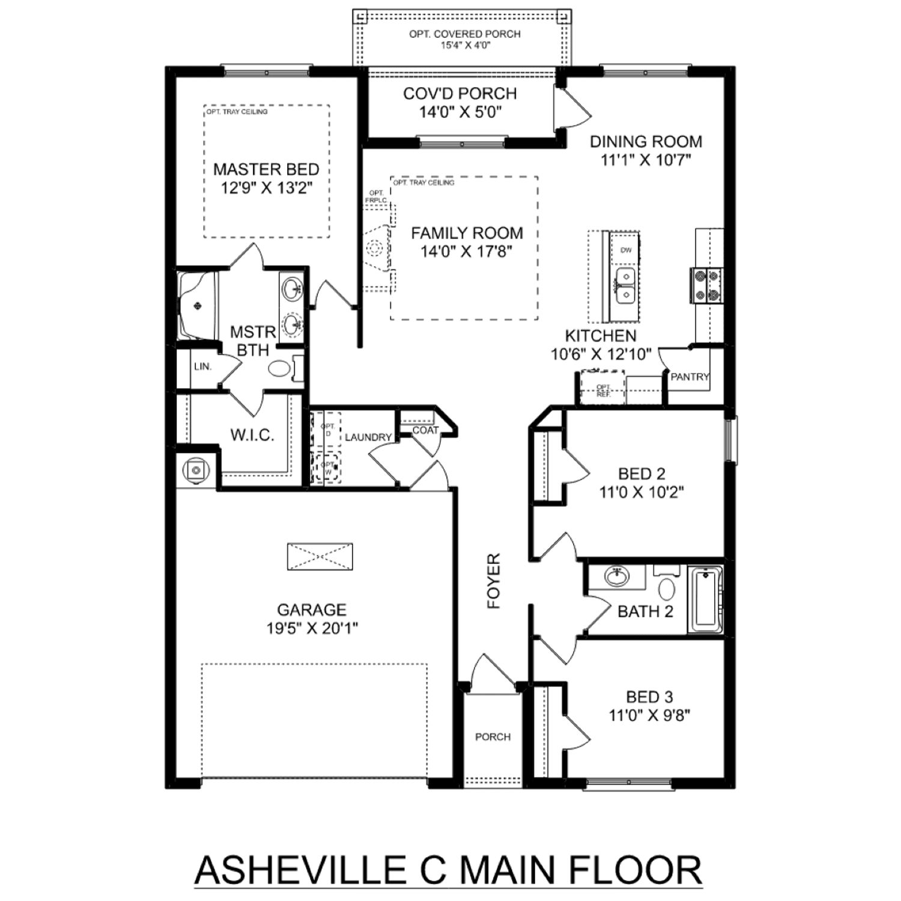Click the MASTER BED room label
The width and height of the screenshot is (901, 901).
(x=266, y=169)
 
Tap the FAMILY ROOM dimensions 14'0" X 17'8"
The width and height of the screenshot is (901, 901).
(x=466, y=252)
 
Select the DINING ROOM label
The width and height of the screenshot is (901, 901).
(x=646, y=142)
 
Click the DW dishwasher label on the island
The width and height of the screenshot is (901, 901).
(x=625, y=250)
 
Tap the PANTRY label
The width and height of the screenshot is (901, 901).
(x=690, y=377)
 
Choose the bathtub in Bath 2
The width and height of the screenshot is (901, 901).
(x=705, y=599)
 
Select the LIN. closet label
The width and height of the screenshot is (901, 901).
(x=203, y=366)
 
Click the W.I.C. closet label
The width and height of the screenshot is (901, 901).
(x=252, y=435)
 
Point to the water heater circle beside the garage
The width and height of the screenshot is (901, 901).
(x=195, y=469)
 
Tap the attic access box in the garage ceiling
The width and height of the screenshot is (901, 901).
(x=320, y=557)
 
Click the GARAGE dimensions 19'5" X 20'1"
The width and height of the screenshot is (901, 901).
(x=312, y=628)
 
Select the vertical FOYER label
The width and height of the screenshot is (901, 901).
(x=494, y=581)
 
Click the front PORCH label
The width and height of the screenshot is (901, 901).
(x=493, y=737)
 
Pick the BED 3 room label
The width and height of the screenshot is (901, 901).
(x=649, y=697)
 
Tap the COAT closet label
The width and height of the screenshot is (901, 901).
(x=425, y=431)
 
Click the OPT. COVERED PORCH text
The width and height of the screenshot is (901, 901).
(x=465, y=34)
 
